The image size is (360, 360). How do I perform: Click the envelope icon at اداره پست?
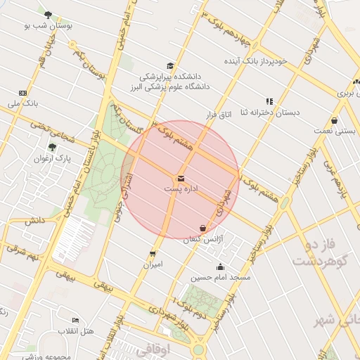[181, 179]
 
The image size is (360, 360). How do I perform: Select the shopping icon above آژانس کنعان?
[203, 228]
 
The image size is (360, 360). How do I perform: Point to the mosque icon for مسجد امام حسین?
[221, 266]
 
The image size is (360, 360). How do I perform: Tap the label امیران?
[153, 265]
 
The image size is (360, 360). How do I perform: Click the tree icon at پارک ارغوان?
[52, 147]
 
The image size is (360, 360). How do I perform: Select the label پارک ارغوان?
[53, 158]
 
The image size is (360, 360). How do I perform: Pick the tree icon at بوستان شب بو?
[48, 14]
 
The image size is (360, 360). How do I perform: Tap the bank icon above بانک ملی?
[23, 92]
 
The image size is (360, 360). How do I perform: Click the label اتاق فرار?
[219, 113]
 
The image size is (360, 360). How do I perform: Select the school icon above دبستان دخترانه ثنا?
[269, 101]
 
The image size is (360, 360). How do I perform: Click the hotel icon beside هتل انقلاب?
[75, 320]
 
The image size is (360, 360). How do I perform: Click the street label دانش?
[34, 220]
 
